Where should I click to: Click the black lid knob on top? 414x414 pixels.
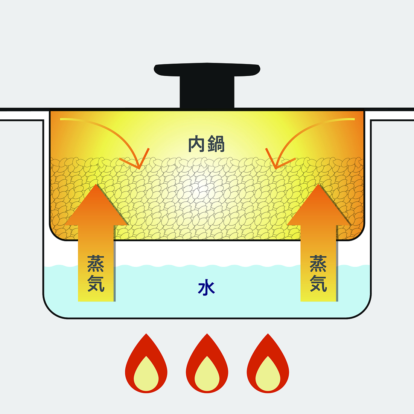pos(207,70)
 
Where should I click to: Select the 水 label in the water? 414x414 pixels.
pos(206,288)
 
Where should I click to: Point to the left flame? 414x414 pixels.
pos(146,365)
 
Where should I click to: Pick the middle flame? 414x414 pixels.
pos(207,365)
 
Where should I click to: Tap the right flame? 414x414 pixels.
pos(268,365)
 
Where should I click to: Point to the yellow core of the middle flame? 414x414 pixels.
pos(207,374)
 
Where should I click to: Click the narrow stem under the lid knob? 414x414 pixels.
pos(207,92)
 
